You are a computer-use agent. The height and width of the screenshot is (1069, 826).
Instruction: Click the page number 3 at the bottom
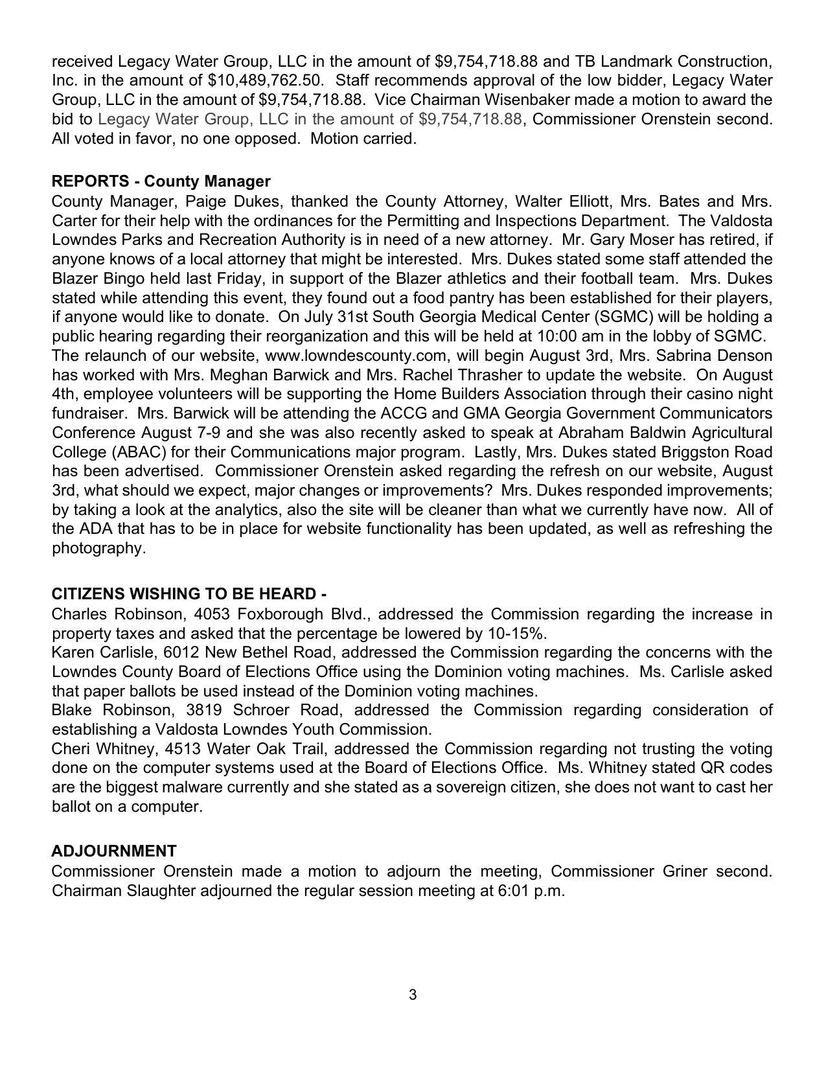(x=413, y=994)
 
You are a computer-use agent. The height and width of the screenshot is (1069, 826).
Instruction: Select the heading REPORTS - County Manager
(x=161, y=181)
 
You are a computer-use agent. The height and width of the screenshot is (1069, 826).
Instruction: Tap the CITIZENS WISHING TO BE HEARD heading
(x=189, y=594)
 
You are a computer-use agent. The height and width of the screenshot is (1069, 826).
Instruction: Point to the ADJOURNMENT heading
(x=113, y=851)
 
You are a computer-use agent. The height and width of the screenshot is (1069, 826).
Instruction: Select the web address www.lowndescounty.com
(x=356, y=356)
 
